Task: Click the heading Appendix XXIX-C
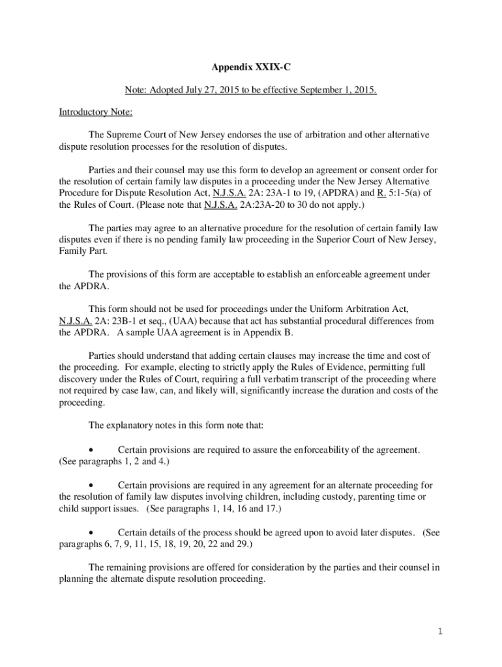coord(250,66)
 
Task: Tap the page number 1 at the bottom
coord(440,631)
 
